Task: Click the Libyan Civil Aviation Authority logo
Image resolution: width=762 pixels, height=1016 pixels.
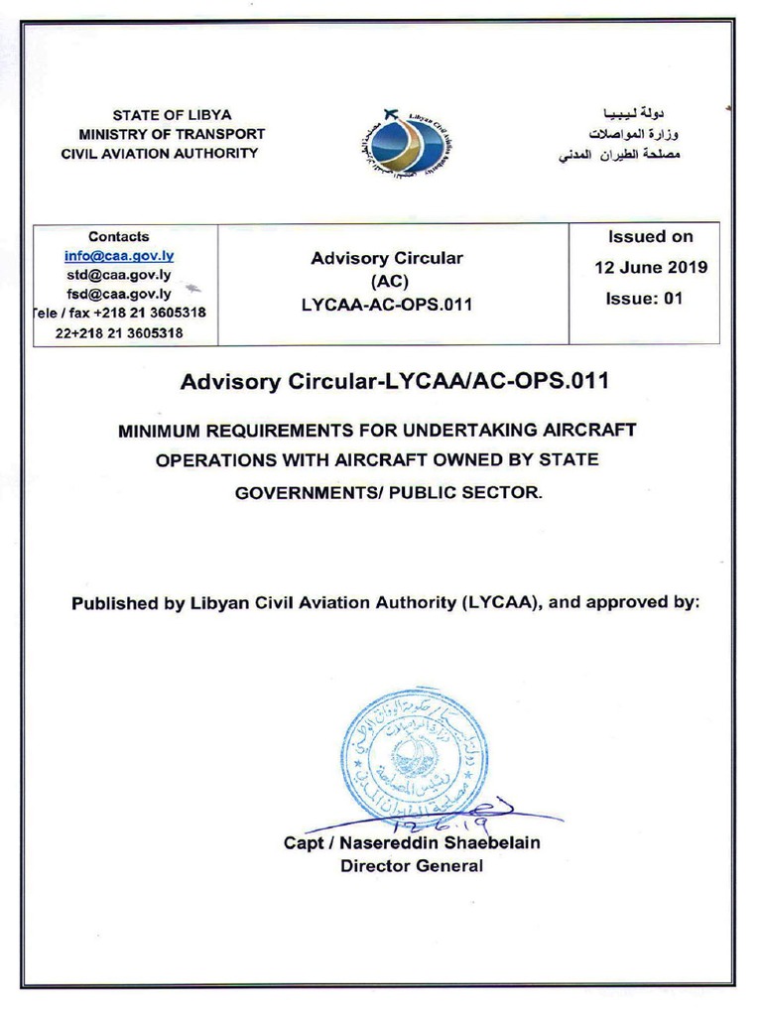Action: (x=409, y=144)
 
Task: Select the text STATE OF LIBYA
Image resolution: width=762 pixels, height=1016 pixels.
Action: (x=172, y=115)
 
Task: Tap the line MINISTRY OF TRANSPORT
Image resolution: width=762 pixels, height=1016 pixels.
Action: (x=172, y=134)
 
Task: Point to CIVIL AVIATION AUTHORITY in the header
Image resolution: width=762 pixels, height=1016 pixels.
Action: (x=160, y=153)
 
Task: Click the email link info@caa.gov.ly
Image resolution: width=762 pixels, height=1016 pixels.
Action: (x=119, y=256)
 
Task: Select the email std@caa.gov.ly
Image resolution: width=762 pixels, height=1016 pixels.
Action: (x=119, y=275)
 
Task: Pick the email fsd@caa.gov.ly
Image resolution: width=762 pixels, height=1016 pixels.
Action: (x=119, y=294)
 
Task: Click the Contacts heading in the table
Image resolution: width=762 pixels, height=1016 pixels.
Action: (x=119, y=237)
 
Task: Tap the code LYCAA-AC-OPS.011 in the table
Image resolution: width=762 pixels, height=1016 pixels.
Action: (x=387, y=306)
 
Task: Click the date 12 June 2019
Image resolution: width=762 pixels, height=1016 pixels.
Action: (x=651, y=268)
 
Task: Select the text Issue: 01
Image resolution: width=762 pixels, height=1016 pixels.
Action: (x=644, y=299)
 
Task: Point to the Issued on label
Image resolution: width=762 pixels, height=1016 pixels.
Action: (x=650, y=237)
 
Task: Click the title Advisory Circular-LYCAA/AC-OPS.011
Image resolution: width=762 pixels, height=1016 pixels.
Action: (x=394, y=381)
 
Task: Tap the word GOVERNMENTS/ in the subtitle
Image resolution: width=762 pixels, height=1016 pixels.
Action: (x=302, y=492)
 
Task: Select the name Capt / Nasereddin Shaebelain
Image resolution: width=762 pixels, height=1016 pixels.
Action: (x=412, y=843)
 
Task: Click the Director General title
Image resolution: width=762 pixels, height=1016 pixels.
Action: (x=412, y=866)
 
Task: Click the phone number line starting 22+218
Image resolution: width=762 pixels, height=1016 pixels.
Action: (x=119, y=333)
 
